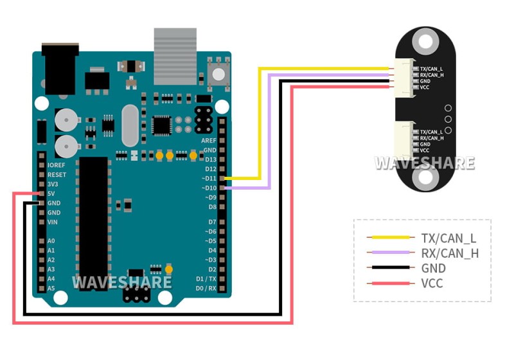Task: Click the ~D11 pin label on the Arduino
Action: click(x=209, y=178)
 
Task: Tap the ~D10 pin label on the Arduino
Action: click(x=209, y=188)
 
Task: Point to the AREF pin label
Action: click(x=209, y=140)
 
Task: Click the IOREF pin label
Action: click(x=57, y=165)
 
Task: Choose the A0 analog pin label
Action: click(x=51, y=241)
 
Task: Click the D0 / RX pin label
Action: click(x=206, y=288)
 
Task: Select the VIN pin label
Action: click(x=53, y=222)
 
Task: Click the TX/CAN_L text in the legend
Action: click(x=448, y=238)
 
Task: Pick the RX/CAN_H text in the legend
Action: click(x=450, y=253)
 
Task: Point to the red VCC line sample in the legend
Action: click(x=389, y=283)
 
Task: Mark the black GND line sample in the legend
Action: click(x=389, y=268)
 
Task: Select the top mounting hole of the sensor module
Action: click(x=424, y=42)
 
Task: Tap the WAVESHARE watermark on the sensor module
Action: click(x=425, y=163)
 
